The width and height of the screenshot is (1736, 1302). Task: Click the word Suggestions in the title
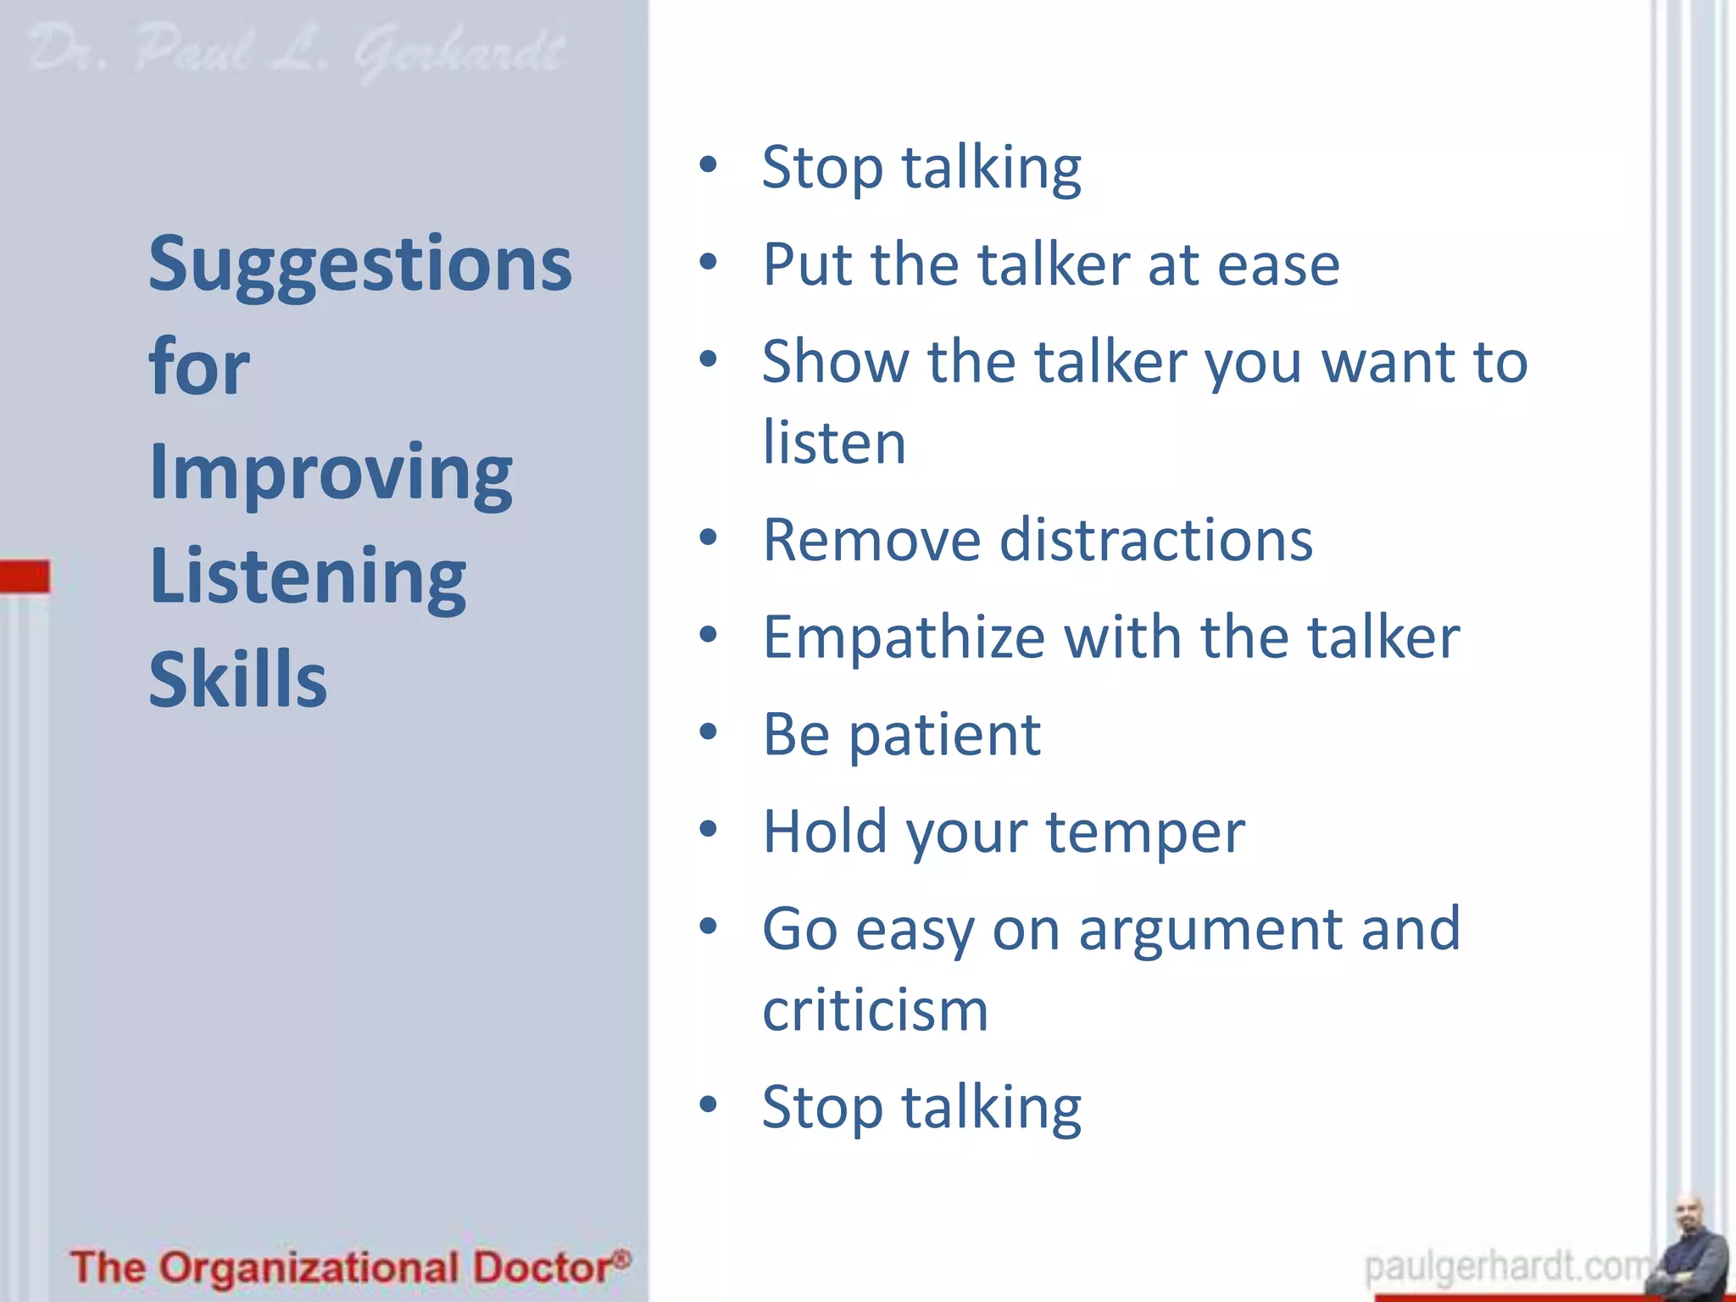tap(360, 264)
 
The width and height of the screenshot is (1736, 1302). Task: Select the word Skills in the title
tap(237, 680)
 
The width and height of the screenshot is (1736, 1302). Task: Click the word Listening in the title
tap(307, 576)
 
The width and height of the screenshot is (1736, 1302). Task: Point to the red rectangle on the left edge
tap(25, 576)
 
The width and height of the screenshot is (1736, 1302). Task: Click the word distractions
tap(1156, 540)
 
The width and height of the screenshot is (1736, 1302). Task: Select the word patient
tap(944, 735)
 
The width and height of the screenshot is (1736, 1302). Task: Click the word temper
tap(1145, 832)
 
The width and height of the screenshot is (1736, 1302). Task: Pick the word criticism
tap(875, 1010)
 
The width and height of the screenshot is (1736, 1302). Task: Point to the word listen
tap(834, 442)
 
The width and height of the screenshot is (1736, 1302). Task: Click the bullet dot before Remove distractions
tap(709, 537)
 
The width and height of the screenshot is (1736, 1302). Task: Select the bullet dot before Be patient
tap(709, 732)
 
